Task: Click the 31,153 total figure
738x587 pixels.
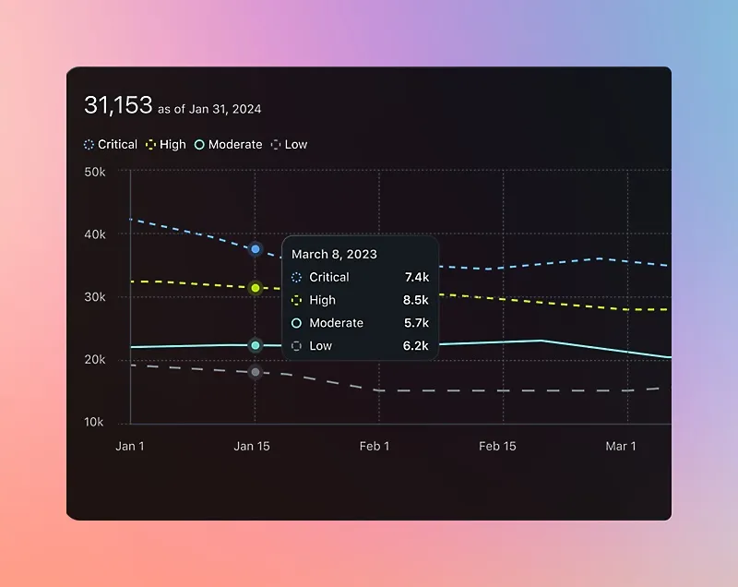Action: click(118, 105)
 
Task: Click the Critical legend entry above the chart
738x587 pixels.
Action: click(111, 145)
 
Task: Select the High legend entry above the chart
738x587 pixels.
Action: click(166, 145)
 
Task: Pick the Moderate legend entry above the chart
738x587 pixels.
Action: click(228, 145)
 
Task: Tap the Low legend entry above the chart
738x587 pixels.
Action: click(289, 145)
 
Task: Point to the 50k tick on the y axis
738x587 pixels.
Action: click(94, 172)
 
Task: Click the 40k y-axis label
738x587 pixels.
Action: click(94, 234)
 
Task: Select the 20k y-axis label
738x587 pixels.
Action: click(94, 360)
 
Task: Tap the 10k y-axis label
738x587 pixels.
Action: click(94, 423)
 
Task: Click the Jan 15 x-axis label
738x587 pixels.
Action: click(252, 447)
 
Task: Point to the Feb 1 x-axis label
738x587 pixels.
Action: click(375, 447)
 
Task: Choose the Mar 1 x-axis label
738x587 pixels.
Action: click(621, 447)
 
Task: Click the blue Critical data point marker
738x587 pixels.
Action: click(256, 249)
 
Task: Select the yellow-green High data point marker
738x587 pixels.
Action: click(256, 288)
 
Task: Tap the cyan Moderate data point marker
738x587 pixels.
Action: click(256, 345)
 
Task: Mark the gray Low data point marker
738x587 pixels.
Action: click(256, 372)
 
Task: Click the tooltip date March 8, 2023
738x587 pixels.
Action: click(334, 254)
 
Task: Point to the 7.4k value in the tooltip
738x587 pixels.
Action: click(416, 277)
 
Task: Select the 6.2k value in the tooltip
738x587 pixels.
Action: click(416, 346)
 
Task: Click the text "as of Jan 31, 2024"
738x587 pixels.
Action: click(209, 109)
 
